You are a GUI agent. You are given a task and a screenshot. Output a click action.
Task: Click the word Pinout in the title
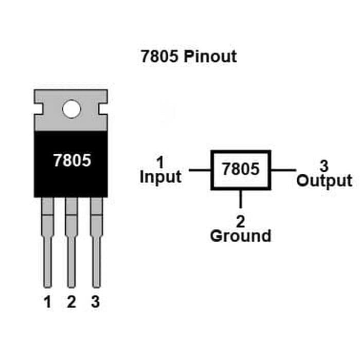[x=209, y=56]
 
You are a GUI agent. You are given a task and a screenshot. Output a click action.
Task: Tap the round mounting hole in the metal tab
[x=71, y=109]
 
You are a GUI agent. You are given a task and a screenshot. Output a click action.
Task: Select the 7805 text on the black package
[x=72, y=161]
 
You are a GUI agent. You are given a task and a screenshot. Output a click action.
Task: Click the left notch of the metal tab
[x=38, y=109]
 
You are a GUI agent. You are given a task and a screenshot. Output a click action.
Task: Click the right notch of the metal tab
[x=104, y=109]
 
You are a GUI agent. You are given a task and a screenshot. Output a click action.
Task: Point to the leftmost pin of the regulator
[x=47, y=242]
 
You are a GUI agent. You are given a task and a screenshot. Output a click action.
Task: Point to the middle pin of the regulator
[x=71, y=242]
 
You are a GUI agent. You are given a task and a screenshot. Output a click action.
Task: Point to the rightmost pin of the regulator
[x=96, y=242]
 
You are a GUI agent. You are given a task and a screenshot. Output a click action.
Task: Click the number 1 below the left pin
[x=48, y=302]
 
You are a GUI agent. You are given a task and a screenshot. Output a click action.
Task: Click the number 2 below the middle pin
[x=71, y=302]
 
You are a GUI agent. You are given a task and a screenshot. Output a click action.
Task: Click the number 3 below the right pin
[x=95, y=302]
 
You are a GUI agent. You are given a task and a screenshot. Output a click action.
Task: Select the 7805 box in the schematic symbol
[x=241, y=170]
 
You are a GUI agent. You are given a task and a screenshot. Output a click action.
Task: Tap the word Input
[x=160, y=177]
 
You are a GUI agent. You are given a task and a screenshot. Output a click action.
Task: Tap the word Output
[x=325, y=181]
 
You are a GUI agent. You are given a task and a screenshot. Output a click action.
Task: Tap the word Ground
[x=240, y=236]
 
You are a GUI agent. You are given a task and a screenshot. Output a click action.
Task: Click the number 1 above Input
[x=160, y=163]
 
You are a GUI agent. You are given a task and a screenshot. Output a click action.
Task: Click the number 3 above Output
[x=324, y=166]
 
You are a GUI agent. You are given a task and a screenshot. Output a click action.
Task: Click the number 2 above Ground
[x=240, y=222]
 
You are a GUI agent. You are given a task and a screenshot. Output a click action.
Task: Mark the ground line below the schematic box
[x=241, y=200]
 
